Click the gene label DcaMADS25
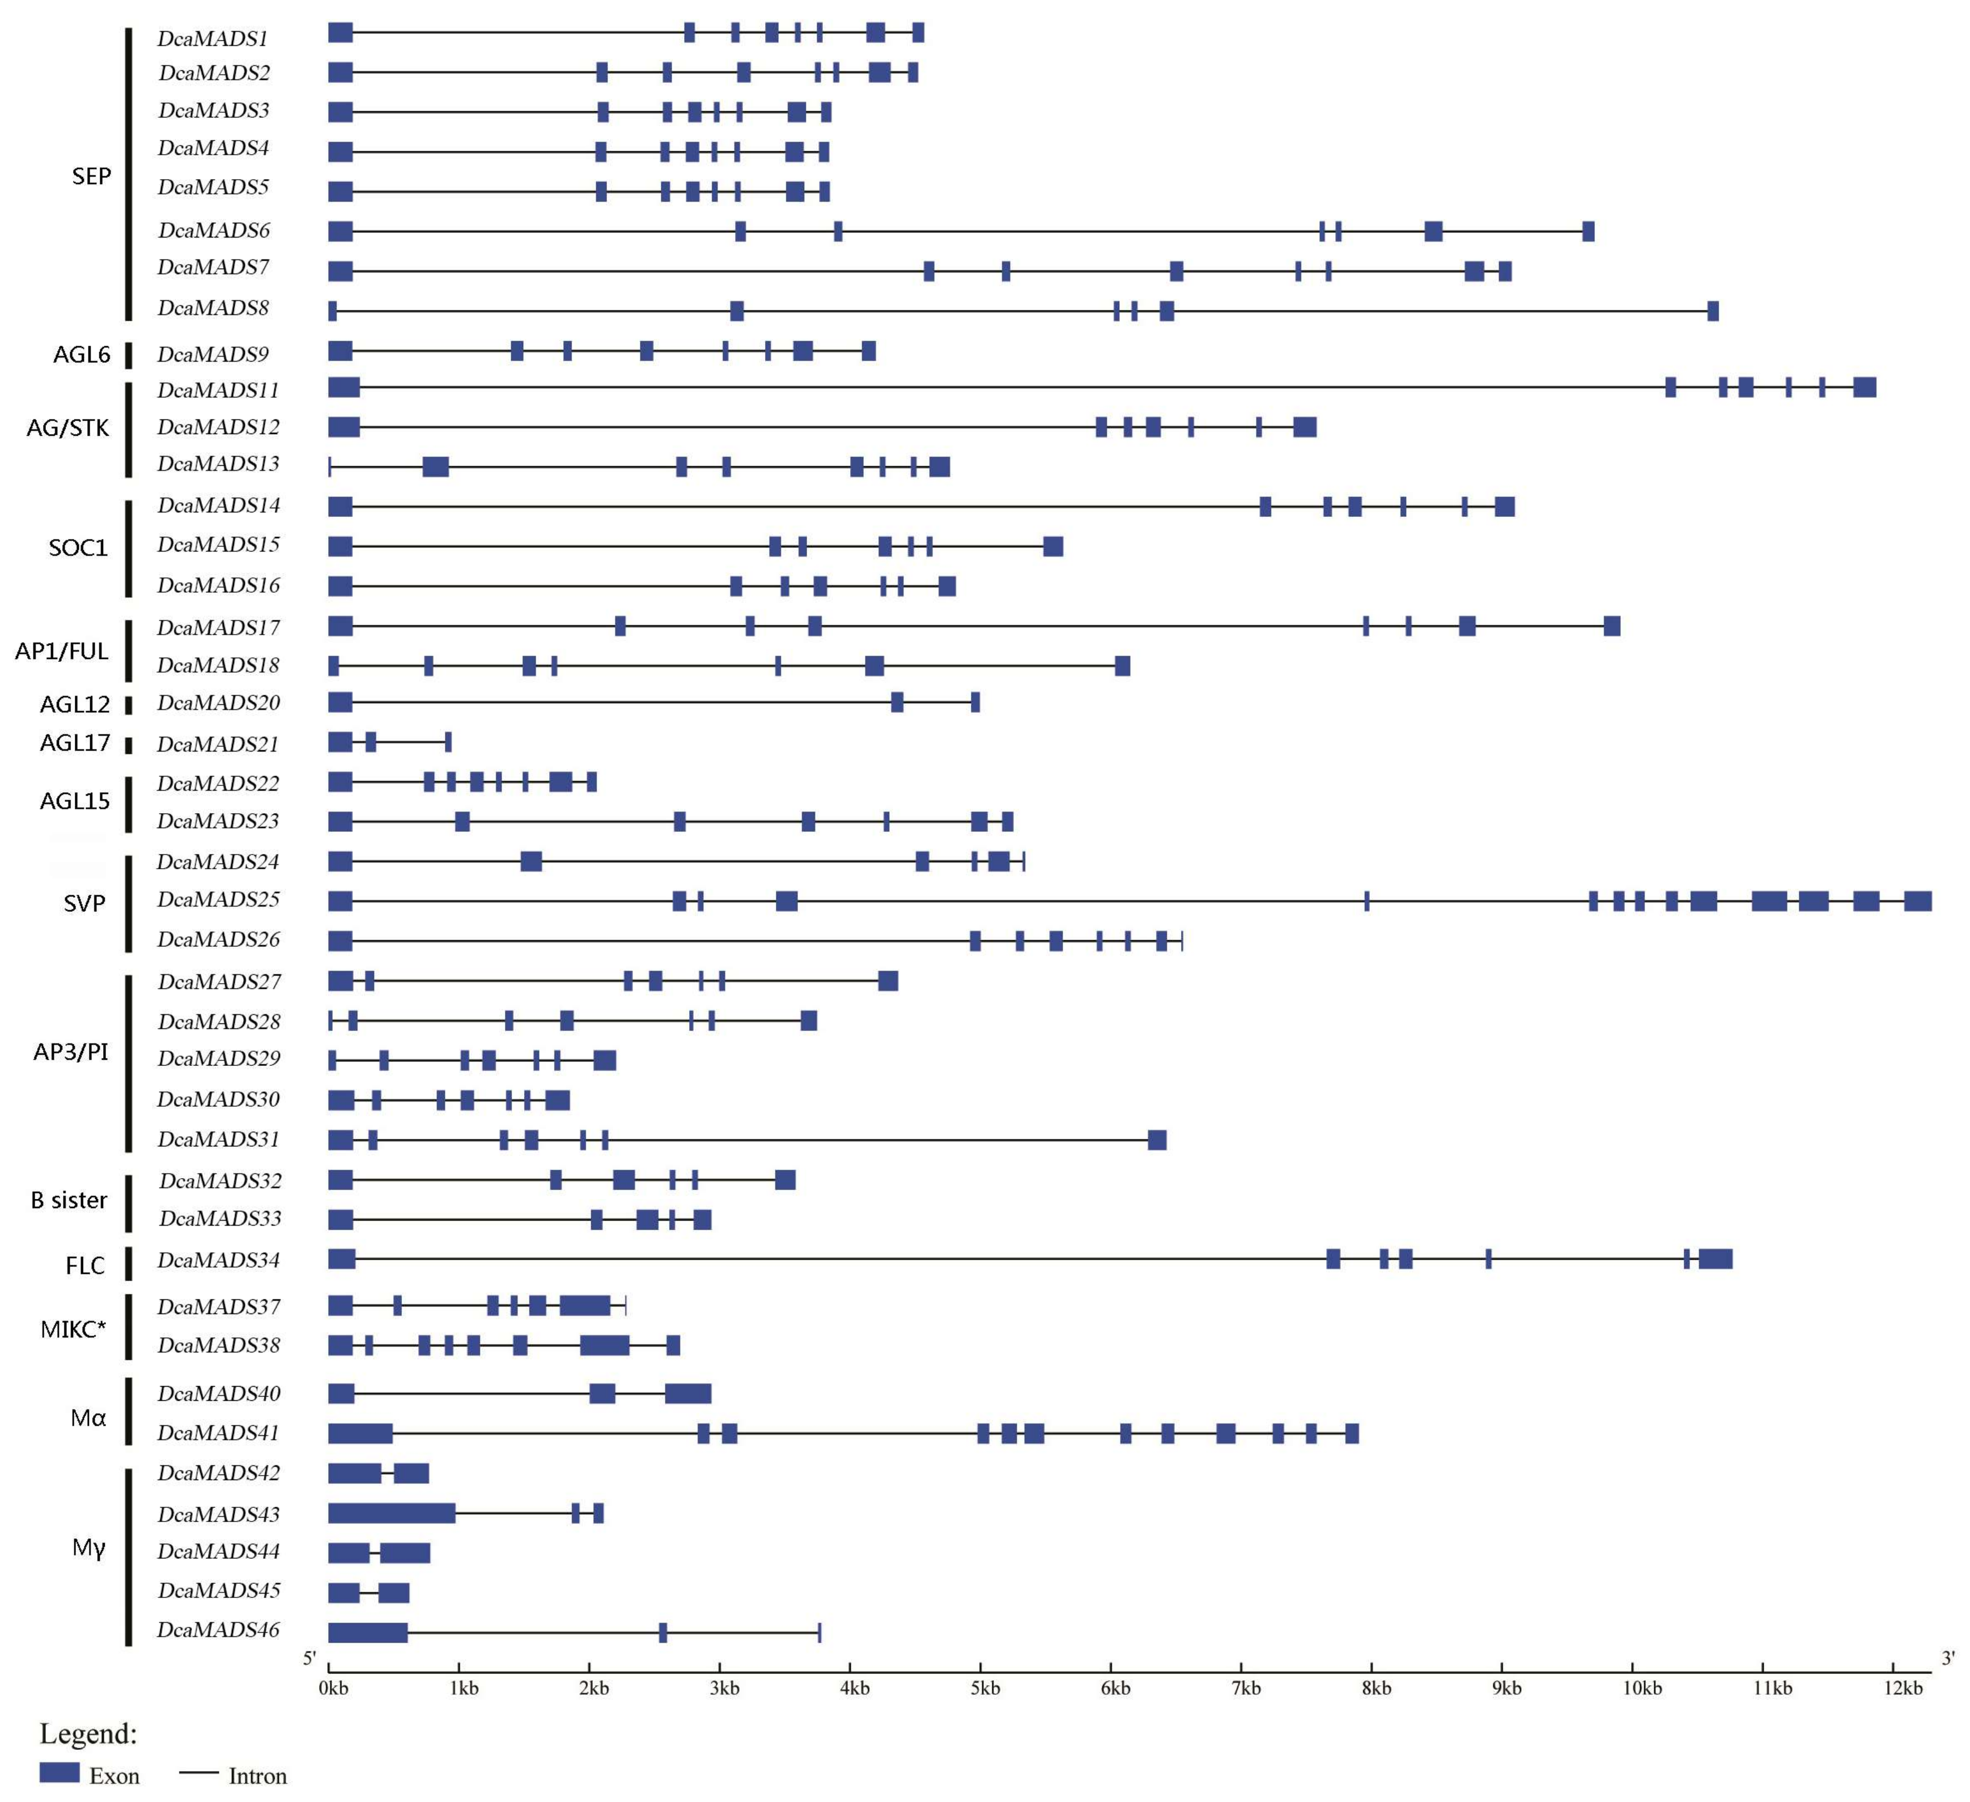(x=219, y=899)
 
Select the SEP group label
(x=92, y=176)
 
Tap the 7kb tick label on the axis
(x=1246, y=1688)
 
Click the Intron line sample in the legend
(x=199, y=1773)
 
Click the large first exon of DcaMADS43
(x=392, y=1513)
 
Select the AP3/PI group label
(x=70, y=1052)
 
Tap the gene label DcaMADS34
(x=219, y=1261)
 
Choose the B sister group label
(x=69, y=1200)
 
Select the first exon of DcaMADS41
(x=360, y=1434)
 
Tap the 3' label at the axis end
(x=1947, y=1657)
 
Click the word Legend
(x=88, y=1733)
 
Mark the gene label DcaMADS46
(x=219, y=1630)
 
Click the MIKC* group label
(x=73, y=1329)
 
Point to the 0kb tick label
(x=333, y=1688)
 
